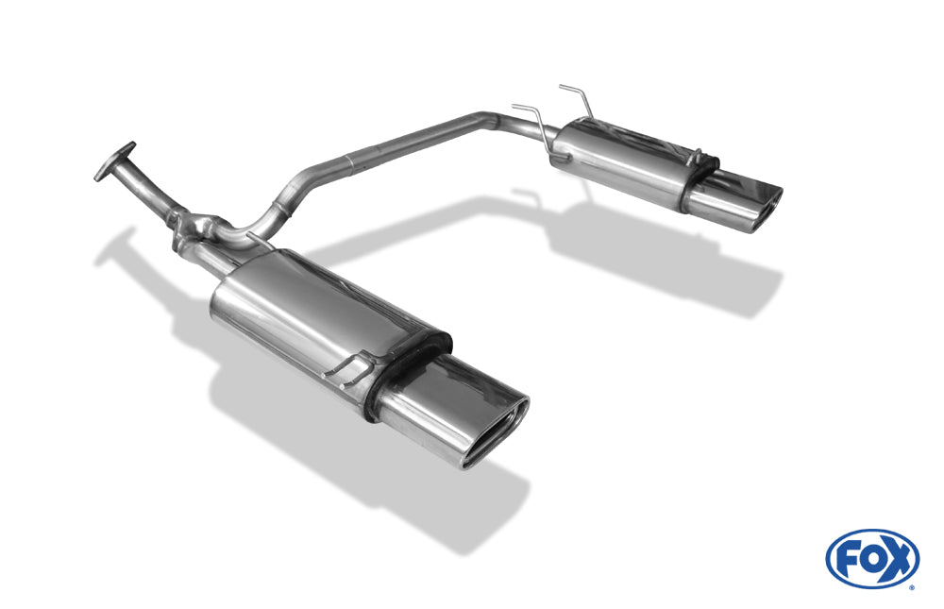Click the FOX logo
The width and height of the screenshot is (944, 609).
pyautogui.click(x=872, y=558)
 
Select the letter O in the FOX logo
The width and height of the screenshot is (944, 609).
pyautogui.click(x=871, y=561)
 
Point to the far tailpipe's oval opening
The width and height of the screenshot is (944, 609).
pyautogui.click(x=765, y=210)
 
